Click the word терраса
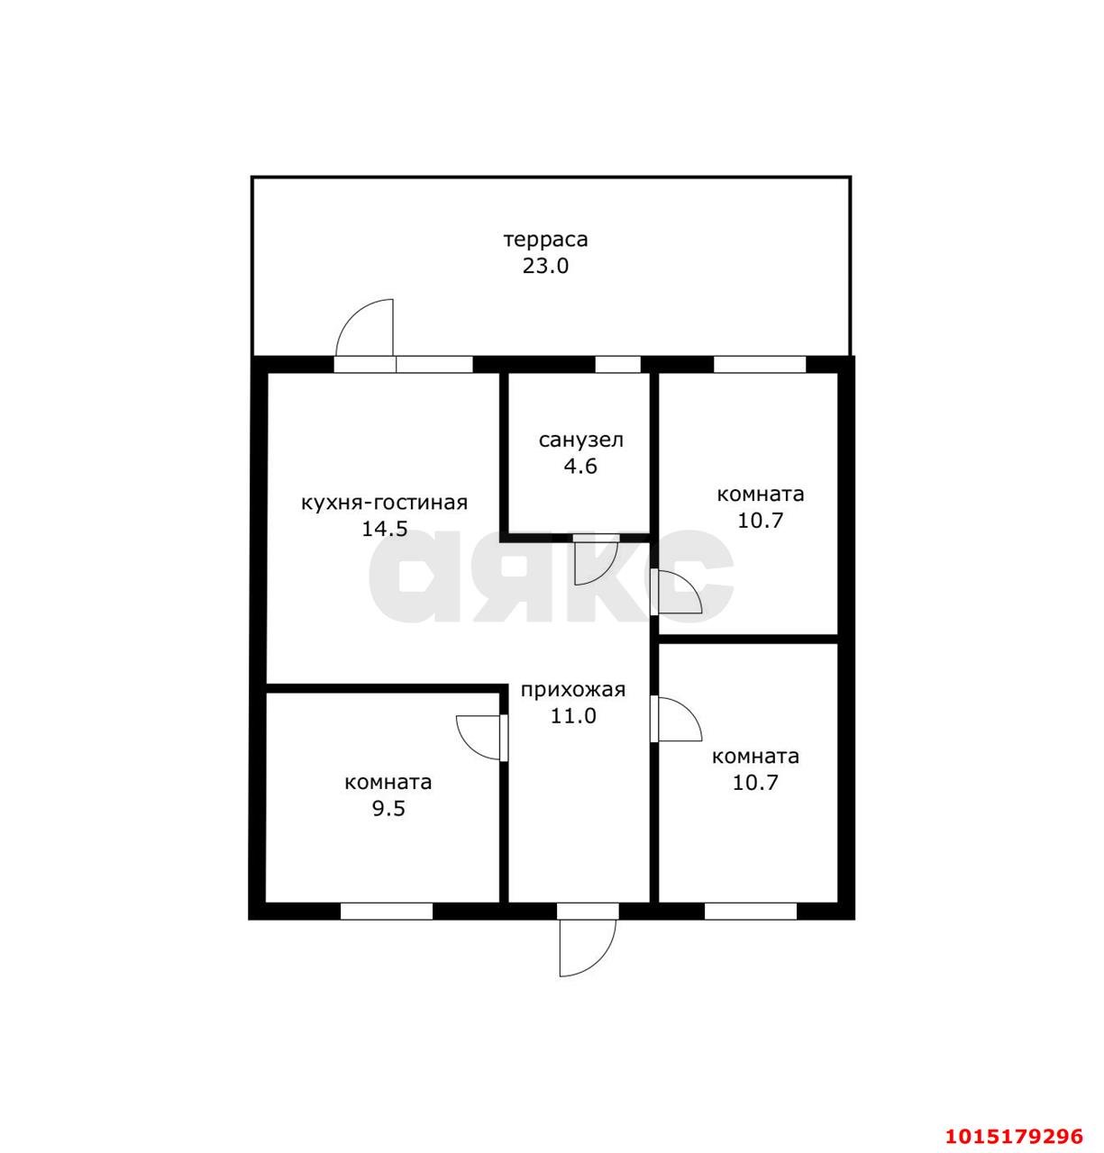coord(545,240)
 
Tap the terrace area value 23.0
coord(545,266)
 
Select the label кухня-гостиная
coord(384,503)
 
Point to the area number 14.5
coord(385,529)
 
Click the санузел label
coord(581,440)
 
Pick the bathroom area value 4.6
coord(580,467)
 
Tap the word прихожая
coord(573,690)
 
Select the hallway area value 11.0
coord(573,716)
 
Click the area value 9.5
coord(388,808)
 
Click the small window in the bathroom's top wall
coord(618,365)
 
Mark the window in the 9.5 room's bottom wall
coord(387,912)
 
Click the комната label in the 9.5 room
coord(388,783)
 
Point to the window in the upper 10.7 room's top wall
coord(760,365)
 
